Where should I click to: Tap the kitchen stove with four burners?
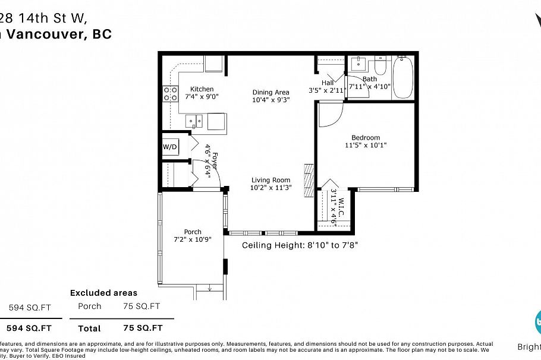click(x=171, y=93)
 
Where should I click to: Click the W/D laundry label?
click(x=169, y=147)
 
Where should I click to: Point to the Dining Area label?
click(x=270, y=92)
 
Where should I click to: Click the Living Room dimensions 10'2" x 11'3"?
click(x=270, y=188)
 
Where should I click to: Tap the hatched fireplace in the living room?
click(x=308, y=180)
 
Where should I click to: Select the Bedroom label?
click(x=365, y=138)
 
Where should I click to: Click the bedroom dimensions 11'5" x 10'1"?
click(x=365, y=146)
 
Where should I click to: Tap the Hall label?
click(x=328, y=83)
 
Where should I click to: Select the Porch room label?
click(x=192, y=232)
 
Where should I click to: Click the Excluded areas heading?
click(x=103, y=293)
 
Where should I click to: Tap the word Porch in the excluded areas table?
click(x=89, y=307)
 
